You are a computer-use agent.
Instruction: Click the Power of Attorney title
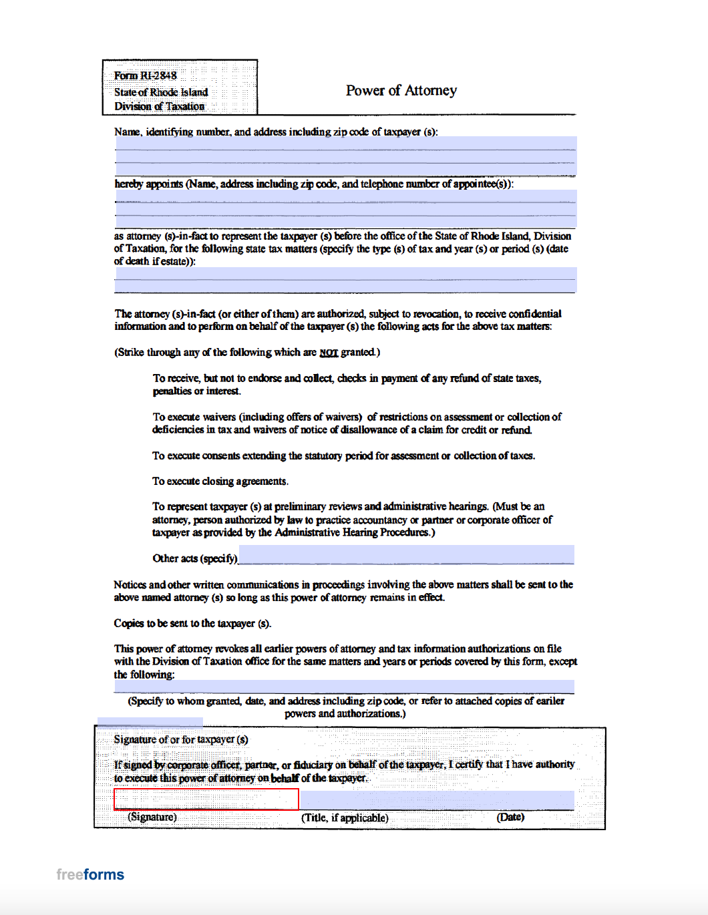tap(401, 91)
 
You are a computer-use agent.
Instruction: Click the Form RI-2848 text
tap(145, 76)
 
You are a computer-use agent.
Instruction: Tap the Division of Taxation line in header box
tap(159, 106)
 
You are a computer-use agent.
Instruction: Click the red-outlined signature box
tap(206, 799)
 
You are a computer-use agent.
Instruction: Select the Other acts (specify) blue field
tap(406, 554)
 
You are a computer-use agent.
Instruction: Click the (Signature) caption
tap(152, 817)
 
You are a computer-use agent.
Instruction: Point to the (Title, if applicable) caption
tap(345, 817)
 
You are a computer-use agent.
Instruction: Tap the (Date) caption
tap(510, 817)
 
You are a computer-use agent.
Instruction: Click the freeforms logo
tap(90, 874)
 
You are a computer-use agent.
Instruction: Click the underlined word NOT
tap(329, 353)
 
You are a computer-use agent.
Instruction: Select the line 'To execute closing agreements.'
tap(220, 482)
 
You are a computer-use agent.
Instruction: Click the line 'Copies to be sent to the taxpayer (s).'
tap(192, 623)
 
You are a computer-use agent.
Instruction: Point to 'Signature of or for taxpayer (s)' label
tap(181, 739)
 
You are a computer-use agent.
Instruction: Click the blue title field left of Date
tap(437, 799)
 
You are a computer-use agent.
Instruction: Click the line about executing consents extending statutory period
tap(343, 456)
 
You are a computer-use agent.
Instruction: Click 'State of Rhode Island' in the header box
tap(161, 92)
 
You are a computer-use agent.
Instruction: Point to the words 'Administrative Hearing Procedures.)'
tap(355, 532)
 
